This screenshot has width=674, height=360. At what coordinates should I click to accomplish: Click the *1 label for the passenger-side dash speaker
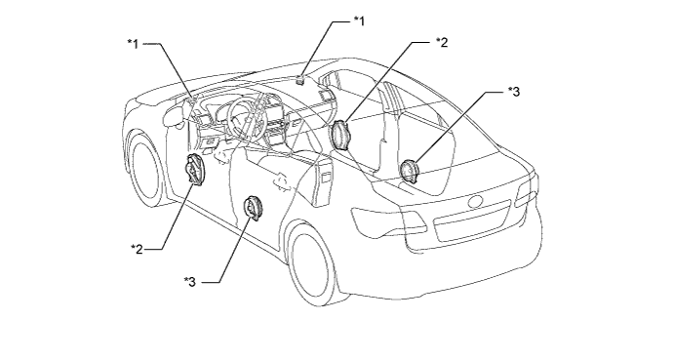(x=359, y=20)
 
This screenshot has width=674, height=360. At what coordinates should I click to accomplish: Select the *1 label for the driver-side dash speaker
(x=133, y=44)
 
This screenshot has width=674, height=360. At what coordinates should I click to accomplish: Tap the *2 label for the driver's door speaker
(x=137, y=249)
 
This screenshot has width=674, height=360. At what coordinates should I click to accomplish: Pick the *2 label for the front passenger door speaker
(x=442, y=42)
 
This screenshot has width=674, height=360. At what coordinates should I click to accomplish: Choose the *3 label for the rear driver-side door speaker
(x=190, y=282)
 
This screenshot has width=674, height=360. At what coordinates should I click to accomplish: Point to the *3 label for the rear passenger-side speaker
(x=514, y=92)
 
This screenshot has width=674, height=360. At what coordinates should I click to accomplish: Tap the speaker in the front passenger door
(x=341, y=135)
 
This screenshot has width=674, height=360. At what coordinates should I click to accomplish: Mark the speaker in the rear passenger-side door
(x=408, y=170)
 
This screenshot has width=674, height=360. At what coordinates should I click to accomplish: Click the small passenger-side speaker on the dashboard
(x=300, y=79)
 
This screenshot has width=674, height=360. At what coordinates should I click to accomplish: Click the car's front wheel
(x=147, y=168)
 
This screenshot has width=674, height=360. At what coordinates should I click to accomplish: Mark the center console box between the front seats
(x=322, y=180)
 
